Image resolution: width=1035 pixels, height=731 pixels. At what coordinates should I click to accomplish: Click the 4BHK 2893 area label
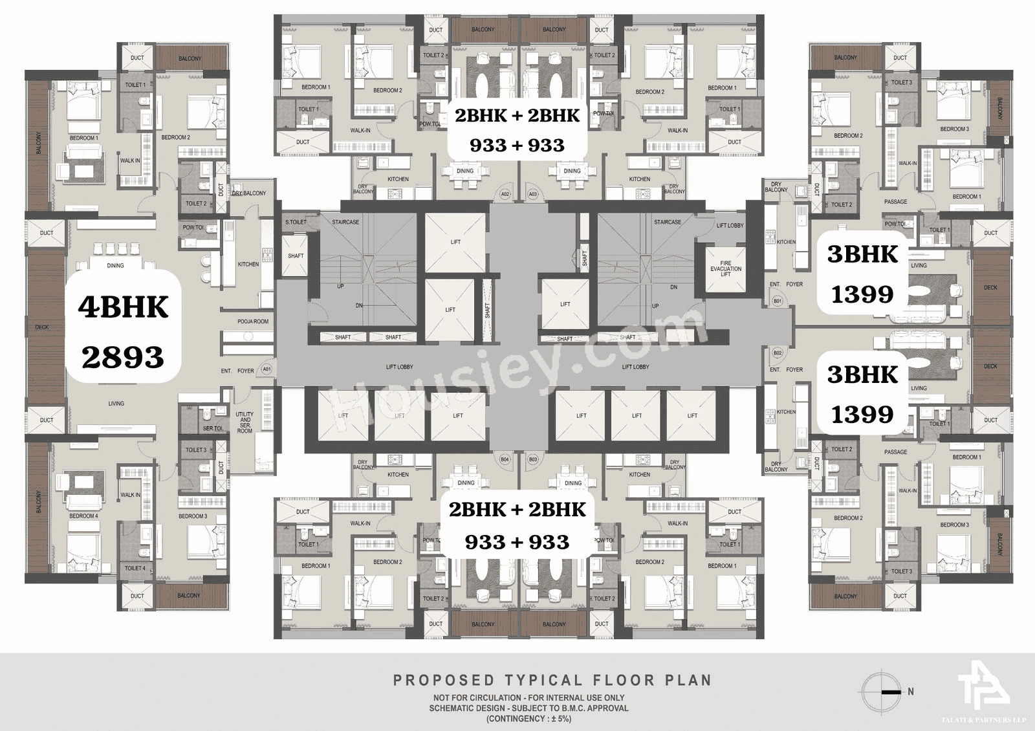[x=123, y=331]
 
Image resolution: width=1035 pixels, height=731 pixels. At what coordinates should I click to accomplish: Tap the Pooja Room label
[x=252, y=322]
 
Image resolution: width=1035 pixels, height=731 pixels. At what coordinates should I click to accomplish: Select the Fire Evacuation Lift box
[x=726, y=268]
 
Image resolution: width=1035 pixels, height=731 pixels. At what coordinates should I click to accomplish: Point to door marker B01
[x=778, y=301]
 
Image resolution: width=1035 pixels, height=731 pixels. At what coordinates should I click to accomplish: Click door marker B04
[x=505, y=460]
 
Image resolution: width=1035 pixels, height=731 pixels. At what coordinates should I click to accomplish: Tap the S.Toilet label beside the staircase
[x=296, y=222]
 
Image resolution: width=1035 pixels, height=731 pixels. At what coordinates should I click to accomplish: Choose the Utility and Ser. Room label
[x=245, y=422]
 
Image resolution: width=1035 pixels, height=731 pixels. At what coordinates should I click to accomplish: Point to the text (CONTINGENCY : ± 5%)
[x=528, y=719]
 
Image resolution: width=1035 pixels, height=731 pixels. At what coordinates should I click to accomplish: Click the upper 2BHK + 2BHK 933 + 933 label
[x=517, y=130]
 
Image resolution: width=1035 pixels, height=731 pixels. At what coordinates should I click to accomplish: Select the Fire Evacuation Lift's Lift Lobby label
[x=730, y=225]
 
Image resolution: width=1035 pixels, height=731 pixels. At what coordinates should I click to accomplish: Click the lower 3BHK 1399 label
[x=862, y=394]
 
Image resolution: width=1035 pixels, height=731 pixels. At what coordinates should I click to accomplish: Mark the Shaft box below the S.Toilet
[x=296, y=256]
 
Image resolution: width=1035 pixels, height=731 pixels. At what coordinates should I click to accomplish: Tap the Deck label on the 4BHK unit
[x=42, y=327]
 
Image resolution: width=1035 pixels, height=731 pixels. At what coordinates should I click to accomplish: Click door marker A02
[x=505, y=193]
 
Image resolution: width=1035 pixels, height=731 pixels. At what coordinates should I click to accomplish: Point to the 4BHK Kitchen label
[x=248, y=264]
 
